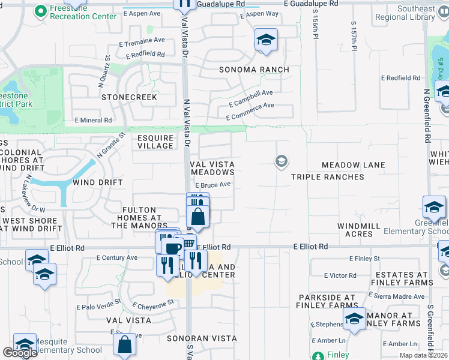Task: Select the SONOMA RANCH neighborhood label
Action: (254, 70)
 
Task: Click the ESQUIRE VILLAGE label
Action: (155, 142)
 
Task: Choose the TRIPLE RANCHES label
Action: (328, 177)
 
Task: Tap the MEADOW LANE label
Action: (353, 165)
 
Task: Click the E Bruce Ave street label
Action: (213, 185)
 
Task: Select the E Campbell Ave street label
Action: (250, 96)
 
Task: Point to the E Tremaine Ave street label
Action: (142, 41)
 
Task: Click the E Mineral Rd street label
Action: (93, 120)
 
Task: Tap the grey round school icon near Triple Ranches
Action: (280, 161)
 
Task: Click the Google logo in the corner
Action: (20, 353)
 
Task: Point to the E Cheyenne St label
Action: (153, 304)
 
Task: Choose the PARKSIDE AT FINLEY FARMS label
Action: (327, 301)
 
